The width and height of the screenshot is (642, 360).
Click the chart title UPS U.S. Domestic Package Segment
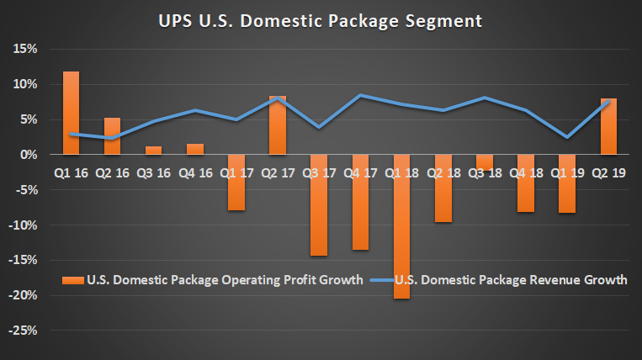pyautogui.click(x=321, y=19)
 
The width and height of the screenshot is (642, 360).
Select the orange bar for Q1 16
pyautogui.click(x=72, y=113)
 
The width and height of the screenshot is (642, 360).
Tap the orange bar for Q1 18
pyautogui.click(x=401, y=226)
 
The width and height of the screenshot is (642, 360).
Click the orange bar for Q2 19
pyautogui.click(x=608, y=126)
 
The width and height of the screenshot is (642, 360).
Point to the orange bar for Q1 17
pyautogui.click(x=236, y=183)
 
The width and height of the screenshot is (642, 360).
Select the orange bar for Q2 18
pyautogui.click(x=443, y=188)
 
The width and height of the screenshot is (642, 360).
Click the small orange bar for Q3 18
pyautogui.click(x=484, y=162)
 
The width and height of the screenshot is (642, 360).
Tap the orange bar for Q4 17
pyautogui.click(x=360, y=202)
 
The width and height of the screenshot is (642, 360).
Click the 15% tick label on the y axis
pyautogui.click(x=24, y=49)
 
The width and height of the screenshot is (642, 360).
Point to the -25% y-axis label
pyautogui.click(x=22, y=331)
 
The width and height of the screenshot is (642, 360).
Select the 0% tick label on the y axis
pyautogui.click(x=28, y=155)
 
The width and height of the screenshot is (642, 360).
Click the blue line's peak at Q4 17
pyautogui.click(x=360, y=95)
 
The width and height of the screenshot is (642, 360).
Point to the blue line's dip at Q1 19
pyautogui.click(x=567, y=137)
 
